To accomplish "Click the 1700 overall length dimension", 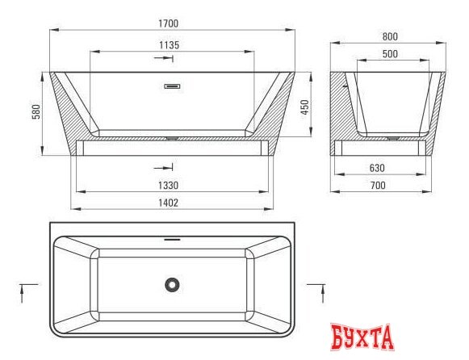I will pyautogui.click(x=169, y=23).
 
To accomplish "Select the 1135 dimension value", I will pyautogui.click(x=169, y=45).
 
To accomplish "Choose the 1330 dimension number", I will pyautogui.click(x=168, y=185).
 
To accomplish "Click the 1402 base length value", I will pyautogui.click(x=168, y=203).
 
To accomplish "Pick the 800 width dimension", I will pyautogui.click(x=391, y=36).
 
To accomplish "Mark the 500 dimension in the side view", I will pyautogui.click(x=391, y=53).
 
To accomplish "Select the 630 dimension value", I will pyautogui.click(x=377, y=169).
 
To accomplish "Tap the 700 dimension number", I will pyautogui.click(x=377, y=186).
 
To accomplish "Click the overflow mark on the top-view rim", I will pyautogui.click(x=170, y=238).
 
